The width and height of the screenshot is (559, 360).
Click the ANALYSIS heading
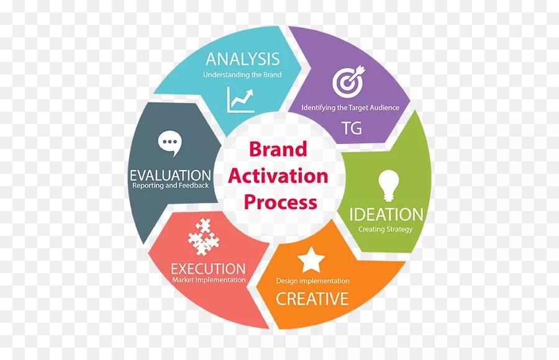[242, 60]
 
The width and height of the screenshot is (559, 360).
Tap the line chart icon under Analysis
[241, 99]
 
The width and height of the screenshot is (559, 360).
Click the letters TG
[351, 129]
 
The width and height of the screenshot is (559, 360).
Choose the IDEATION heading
[386, 215]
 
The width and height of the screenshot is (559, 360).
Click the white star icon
[311, 260]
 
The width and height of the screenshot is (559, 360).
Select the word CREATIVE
[312, 299]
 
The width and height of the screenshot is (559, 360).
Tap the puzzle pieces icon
[203, 236]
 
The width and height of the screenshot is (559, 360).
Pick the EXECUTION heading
[208, 269]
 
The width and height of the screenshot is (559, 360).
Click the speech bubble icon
[169, 143]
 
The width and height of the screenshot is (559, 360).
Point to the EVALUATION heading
[170, 175]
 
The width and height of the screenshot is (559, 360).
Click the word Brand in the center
[278, 150]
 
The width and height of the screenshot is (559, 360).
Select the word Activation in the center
[278, 176]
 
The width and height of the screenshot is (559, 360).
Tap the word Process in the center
[280, 202]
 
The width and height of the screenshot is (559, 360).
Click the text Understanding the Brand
[242, 75]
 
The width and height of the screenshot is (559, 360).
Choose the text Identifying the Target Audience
[350, 107]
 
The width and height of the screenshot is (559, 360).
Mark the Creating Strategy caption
[385, 229]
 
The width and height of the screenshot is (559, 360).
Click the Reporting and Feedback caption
[170, 186]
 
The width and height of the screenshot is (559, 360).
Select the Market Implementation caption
[209, 280]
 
